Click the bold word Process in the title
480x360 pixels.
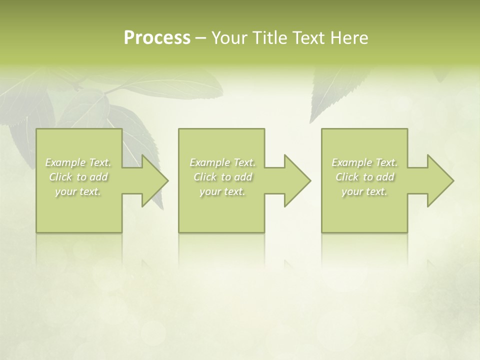[x=157, y=38]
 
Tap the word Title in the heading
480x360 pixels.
[x=269, y=38]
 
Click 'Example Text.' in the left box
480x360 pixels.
[x=78, y=162]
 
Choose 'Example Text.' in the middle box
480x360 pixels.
[x=222, y=162]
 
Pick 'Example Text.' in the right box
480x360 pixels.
[x=364, y=162]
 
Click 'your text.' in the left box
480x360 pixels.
[x=78, y=191]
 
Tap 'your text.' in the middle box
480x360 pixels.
[x=222, y=191]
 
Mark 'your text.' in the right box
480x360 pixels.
[x=364, y=191]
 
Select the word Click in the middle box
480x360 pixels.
[x=205, y=177]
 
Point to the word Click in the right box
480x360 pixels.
[x=347, y=177]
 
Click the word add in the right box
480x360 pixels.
[x=385, y=177]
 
